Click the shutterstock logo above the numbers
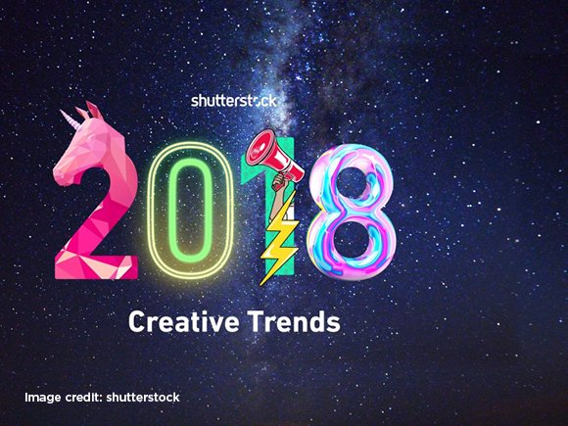point(234,101)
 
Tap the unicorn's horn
point(71,119)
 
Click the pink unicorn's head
point(87,149)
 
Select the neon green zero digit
point(191,211)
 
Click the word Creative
point(184,321)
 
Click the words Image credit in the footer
point(62,398)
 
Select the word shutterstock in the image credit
point(143,398)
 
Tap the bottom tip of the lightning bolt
point(260,285)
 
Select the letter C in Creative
point(137,321)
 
